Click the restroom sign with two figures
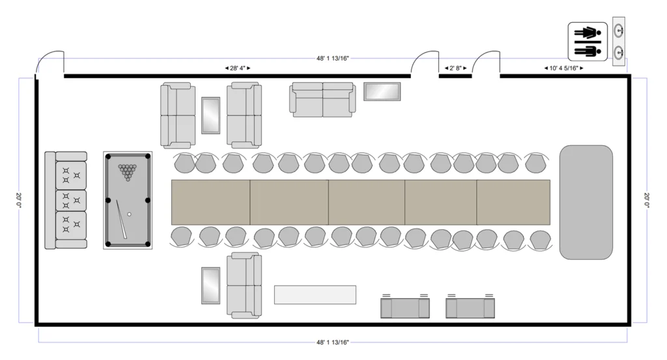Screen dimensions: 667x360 [x=588, y=41]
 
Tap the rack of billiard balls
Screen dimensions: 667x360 [x=127, y=172]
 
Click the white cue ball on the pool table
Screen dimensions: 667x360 [x=130, y=215]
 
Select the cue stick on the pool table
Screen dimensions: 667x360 [x=122, y=219]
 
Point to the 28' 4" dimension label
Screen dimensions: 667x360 [x=238, y=68]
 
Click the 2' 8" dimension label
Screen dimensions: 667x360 [x=455, y=68]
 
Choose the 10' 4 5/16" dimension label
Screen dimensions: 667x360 [x=563, y=68]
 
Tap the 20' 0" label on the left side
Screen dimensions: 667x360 [x=19, y=201]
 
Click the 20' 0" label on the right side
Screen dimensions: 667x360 [x=647, y=201]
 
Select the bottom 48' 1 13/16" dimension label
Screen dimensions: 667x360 [x=333, y=342]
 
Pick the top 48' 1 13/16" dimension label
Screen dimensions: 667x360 [x=333, y=58]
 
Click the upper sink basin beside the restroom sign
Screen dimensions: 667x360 [x=619, y=31]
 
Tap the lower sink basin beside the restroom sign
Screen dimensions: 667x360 [x=619, y=53]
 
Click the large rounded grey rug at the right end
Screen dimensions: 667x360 [x=586, y=202]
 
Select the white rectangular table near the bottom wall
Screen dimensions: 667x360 [x=315, y=294]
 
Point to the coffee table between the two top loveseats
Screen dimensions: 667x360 [x=210, y=116]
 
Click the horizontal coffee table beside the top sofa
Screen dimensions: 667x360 [x=382, y=91]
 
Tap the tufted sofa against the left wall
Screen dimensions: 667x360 [x=66, y=201]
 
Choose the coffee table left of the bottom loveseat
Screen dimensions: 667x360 [x=210, y=286]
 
